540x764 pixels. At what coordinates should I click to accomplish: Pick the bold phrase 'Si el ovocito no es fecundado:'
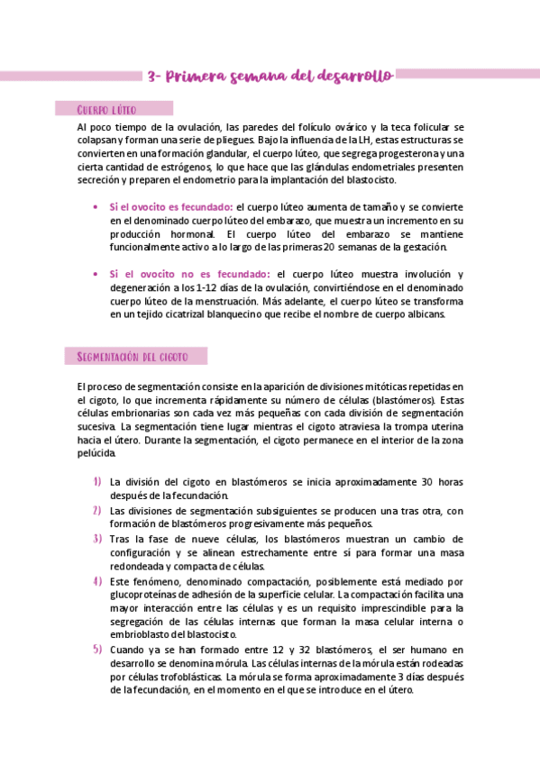pyautogui.click(x=189, y=274)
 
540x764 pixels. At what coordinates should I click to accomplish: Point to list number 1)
pyautogui.click(x=96, y=482)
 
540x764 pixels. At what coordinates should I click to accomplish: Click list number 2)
pyautogui.click(x=96, y=510)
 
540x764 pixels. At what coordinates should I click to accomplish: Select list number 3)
pyautogui.click(x=96, y=539)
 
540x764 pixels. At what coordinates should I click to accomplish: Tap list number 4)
pyautogui.click(x=96, y=581)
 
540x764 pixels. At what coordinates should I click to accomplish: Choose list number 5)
pyautogui.click(x=96, y=650)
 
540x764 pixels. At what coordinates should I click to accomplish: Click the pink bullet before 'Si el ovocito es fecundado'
pyautogui.click(x=96, y=207)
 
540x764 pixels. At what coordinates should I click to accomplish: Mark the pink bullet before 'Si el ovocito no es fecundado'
pyautogui.click(x=96, y=274)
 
